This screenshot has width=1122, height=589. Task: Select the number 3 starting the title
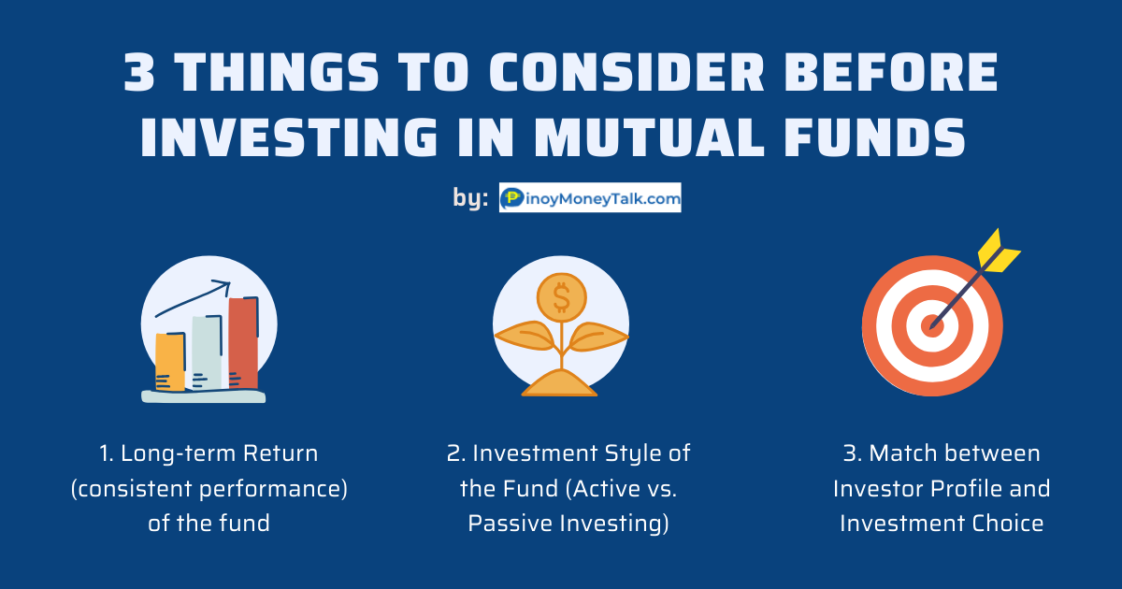pos(139,72)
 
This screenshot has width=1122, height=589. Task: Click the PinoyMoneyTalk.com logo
pos(590,197)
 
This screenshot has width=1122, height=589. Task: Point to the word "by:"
pos(470,198)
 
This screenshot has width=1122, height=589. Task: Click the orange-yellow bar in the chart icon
pos(170,362)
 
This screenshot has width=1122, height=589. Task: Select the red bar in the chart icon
pos(243,342)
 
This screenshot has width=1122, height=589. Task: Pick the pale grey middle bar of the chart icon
pos(207,352)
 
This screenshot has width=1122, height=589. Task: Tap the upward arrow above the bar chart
pos(193,299)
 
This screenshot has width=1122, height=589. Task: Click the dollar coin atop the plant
pos(562,298)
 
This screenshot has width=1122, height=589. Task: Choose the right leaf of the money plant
pos(599,337)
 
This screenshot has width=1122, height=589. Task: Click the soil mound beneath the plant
pos(559,383)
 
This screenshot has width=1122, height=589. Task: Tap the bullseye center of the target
pos(932,326)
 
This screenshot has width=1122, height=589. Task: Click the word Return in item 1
pos(280,453)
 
